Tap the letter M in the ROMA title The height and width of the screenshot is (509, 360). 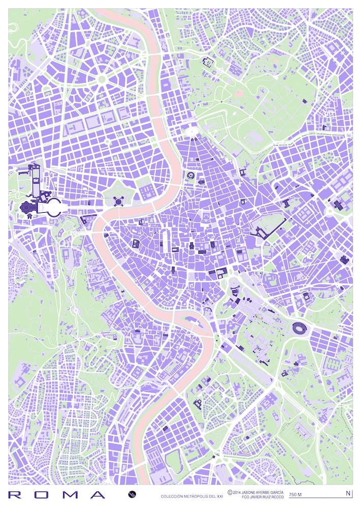[x=71, y=494]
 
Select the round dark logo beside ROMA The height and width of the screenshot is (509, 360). [x=132, y=494]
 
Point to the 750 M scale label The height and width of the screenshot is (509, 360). [x=295, y=494]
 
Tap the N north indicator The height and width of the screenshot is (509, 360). [x=348, y=493]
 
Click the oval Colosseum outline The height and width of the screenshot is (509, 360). [x=299, y=329]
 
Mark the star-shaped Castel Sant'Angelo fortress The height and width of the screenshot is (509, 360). [x=119, y=201]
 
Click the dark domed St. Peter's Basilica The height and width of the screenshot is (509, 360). [x=27, y=207]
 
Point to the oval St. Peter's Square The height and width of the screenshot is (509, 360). [x=53, y=207]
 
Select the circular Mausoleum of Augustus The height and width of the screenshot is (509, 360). [x=191, y=176]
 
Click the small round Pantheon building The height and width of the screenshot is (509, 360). [x=191, y=245]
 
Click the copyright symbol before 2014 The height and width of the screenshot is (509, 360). [x=230, y=492]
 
